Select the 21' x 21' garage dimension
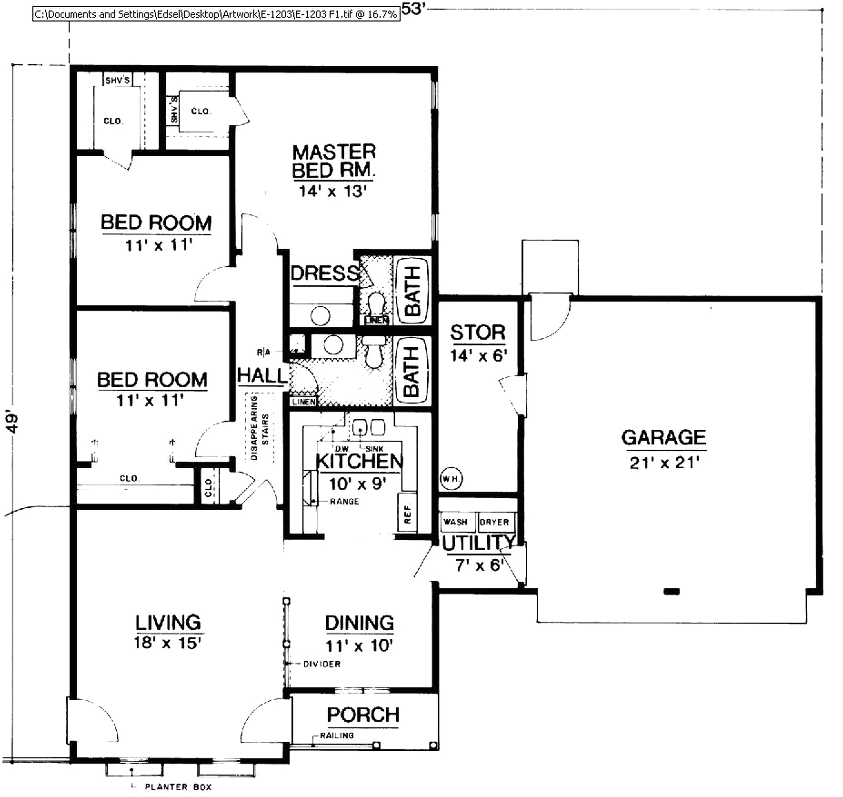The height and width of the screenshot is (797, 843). coord(664,463)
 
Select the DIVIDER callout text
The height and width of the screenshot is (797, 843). coord(322,664)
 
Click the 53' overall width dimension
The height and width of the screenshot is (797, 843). coord(413,8)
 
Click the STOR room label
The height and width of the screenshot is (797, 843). coord(478,332)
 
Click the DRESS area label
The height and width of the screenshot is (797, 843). coord(325,273)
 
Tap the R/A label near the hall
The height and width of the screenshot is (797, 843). coord(263,352)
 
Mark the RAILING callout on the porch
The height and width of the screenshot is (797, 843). coord(337,735)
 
